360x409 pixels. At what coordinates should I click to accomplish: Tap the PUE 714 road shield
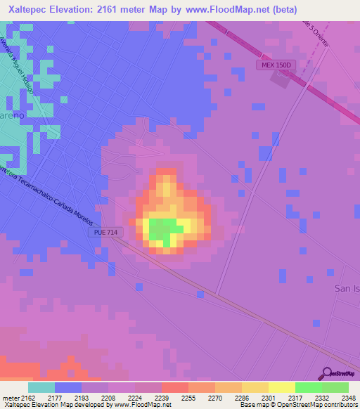tap(104, 232)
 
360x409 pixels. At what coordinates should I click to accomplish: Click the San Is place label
tap(346, 289)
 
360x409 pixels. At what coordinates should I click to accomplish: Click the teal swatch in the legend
tap(41, 387)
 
